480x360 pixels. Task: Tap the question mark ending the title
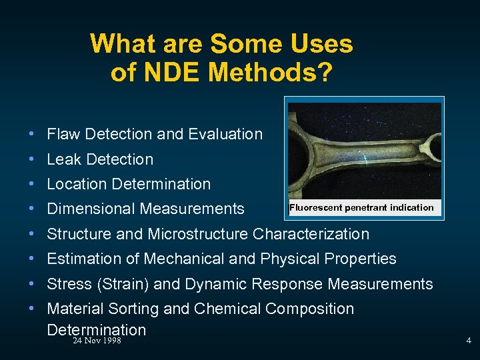tap(324, 71)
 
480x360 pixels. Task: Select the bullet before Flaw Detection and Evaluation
tap(32, 134)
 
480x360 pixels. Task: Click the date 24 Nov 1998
tap(97, 341)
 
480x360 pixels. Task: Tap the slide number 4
tap(468, 341)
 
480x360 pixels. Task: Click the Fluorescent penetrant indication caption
tap(361, 208)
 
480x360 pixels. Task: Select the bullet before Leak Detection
tap(32, 159)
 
